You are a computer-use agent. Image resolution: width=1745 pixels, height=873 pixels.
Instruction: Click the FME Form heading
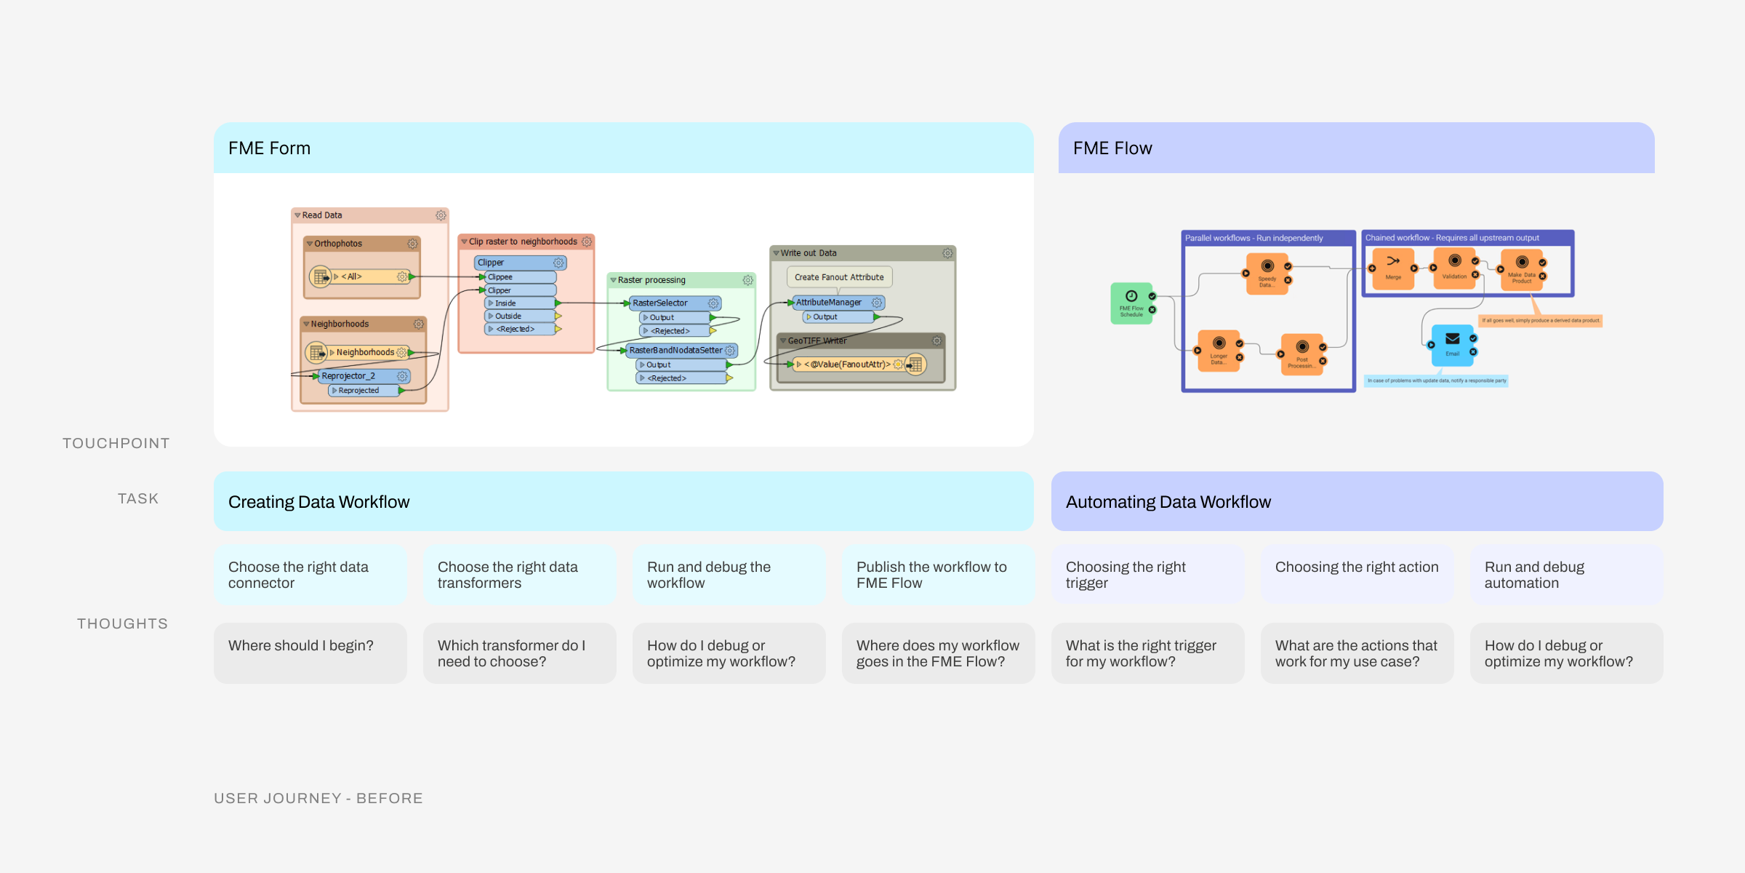pyautogui.click(x=269, y=148)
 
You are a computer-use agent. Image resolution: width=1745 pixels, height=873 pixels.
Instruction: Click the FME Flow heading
pyautogui.click(x=1112, y=148)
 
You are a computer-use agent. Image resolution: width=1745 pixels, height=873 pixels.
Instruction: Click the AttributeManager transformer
pyautogui.click(x=829, y=303)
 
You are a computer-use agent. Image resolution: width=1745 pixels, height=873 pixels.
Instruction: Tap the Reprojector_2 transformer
pyautogui.click(x=349, y=376)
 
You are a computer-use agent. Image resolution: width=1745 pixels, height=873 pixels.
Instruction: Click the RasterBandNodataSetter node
pyautogui.click(x=676, y=351)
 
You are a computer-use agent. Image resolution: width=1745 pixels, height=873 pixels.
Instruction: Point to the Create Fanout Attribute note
pyautogui.click(x=839, y=277)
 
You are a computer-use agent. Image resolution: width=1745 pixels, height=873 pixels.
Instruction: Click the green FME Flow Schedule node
pyautogui.click(x=1131, y=303)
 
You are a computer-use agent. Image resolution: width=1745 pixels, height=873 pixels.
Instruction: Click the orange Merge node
pyautogui.click(x=1393, y=268)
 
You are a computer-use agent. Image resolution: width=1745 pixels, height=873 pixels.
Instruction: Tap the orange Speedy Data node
pyautogui.click(x=1267, y=273)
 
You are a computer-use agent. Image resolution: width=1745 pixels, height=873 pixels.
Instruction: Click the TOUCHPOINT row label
pyautogui.click(x=116, y=444)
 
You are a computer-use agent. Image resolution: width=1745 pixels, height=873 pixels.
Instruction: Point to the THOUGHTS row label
pyautogui.click(x=122, y=624)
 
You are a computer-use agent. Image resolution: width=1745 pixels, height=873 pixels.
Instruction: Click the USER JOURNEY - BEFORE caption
pyautogui.click(x=318, y=799)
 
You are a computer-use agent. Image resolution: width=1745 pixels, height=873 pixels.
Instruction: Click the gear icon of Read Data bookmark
pyautogui.click(x=441, y=215)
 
